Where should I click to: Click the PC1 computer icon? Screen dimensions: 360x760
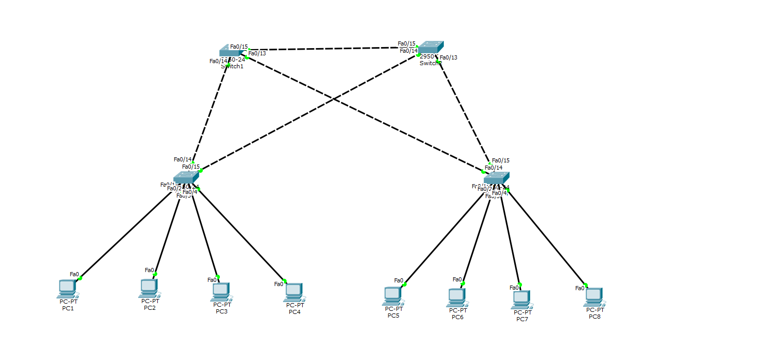[x=67, y=289]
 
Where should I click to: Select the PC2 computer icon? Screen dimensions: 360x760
[x=149, y=288]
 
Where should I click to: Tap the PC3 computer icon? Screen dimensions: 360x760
[x=220, y=292]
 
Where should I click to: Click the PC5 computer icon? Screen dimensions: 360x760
[x=392, y=295]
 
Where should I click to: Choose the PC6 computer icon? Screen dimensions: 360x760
[x=456, y=297]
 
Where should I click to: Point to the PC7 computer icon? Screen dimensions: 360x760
[x=521, y=299]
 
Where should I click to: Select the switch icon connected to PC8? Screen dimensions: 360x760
[x=497, y=178]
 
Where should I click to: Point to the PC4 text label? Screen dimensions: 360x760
[x=294, y=311]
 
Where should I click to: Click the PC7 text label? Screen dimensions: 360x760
[x=522, y=319]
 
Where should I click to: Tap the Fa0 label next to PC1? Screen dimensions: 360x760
[x=74, y=274]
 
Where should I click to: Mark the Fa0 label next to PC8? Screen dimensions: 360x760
[x=580, y=288]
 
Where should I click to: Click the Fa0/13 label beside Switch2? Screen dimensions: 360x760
[x=449, y=57]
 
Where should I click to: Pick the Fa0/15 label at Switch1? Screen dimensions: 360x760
[x=239, y=47]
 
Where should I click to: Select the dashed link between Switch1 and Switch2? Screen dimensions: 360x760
[x=331, y=49]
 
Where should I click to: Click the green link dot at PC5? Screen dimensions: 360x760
[x=405, y=284]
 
